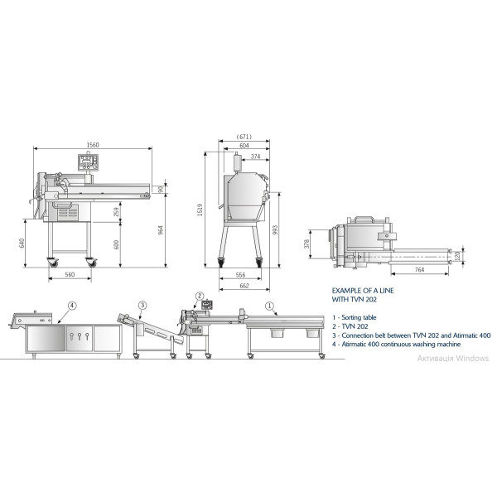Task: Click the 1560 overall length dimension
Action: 93,145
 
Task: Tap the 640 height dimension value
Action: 22,243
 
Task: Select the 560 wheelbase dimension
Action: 70,274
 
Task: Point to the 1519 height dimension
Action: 200,210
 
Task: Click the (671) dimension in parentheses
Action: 244,137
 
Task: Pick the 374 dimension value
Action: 255,157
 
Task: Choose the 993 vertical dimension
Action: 275,230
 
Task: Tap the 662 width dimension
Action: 244,286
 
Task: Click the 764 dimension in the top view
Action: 419,269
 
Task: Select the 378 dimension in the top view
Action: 306,244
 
